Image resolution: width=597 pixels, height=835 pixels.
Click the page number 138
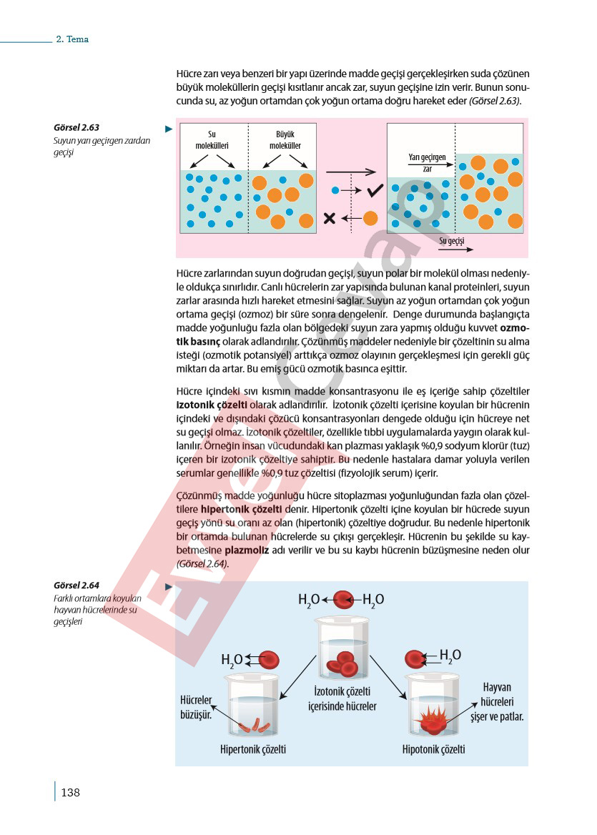click(x=70, y=792)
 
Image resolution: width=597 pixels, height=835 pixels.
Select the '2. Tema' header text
click(x=72, y=39)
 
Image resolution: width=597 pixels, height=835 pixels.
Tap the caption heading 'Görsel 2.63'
click(x=77, y=128)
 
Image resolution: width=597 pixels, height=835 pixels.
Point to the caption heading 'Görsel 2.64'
click(x=77, y=586)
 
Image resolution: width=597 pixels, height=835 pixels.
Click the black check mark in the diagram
click(x=375, y=190)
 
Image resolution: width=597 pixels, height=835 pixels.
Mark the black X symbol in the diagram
click(x=330, y=218)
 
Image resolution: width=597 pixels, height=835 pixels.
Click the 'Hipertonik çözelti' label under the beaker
click(x=253, y=749)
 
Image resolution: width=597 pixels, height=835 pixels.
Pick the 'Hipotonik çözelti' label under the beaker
click(x=433, y=749)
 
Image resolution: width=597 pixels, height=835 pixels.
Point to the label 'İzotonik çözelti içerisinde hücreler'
click(x=342, y=698)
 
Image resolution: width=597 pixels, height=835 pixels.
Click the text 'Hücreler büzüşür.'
click(x=197, y=706)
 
